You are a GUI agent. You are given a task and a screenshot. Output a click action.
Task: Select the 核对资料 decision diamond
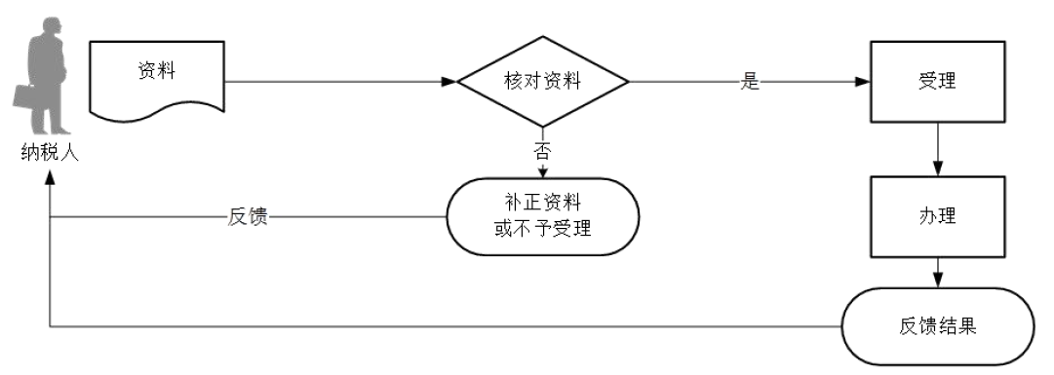click(x=544, y=82)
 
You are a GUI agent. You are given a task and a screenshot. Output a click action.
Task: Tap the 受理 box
click(x=937, y=82)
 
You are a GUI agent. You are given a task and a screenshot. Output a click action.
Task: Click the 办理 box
click(x=937, y=215)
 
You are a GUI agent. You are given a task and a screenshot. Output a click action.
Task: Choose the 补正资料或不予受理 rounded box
click(x=542, y=216)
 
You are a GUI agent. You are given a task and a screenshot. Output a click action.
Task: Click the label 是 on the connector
click(x=750, y=82)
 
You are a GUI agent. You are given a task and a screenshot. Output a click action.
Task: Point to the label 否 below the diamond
click(x=543, y=150)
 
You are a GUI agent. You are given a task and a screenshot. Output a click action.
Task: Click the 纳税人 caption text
click(x=50, y=154)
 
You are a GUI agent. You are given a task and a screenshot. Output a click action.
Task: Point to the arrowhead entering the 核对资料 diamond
click(x=449, y=82)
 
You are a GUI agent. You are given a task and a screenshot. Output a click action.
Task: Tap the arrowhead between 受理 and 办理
click(x=937, y=167)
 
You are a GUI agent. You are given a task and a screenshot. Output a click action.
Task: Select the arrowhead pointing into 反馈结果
click(x=937, y=281)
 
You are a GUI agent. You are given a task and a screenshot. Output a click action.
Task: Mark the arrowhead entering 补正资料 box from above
click(x=543, y=173)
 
